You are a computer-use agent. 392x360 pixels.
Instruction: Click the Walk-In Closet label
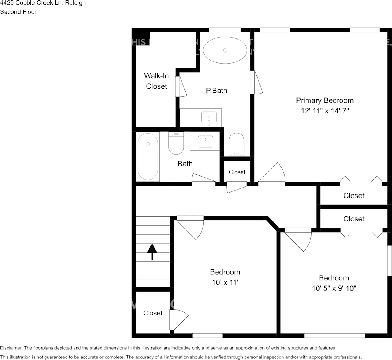point(156,81)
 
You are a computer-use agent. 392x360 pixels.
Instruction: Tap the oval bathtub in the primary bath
point(225,50)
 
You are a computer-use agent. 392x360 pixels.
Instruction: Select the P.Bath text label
point(216,91)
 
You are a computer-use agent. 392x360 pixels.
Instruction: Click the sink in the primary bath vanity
point(209,118)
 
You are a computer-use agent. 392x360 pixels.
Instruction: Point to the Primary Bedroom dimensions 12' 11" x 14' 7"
point(325,111)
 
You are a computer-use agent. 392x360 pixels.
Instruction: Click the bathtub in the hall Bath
point(147,156)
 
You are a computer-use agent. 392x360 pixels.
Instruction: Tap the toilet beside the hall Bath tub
point(176,143)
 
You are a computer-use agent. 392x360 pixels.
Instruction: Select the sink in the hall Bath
point(205,141)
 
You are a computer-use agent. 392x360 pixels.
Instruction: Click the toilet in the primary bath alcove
point(237,144)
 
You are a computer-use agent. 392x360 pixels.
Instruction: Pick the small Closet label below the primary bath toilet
point(237,172)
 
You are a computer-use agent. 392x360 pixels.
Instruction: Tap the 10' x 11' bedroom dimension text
point(225,282)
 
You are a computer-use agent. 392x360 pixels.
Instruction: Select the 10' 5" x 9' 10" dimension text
point(334,288)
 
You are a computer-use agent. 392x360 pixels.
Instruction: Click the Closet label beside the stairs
point(153,313)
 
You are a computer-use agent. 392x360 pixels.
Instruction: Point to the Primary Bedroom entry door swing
point(272,175)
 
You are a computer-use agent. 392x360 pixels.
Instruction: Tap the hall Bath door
point(204,180)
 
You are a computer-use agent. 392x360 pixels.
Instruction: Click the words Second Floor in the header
point(18,12)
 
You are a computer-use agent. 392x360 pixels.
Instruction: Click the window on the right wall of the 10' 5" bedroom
point(389,260)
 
